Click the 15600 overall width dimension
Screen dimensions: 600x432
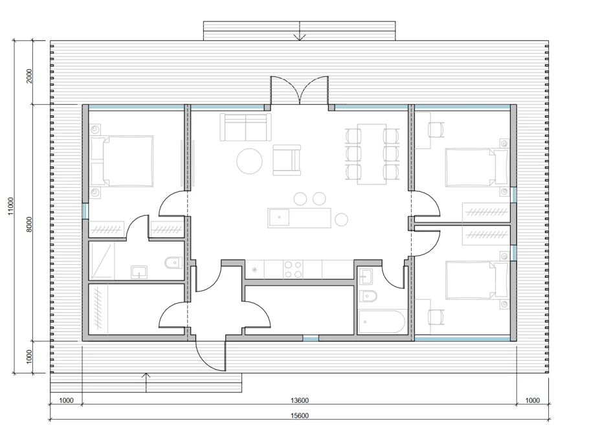coord(300,416)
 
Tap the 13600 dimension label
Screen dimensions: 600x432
coord(300,401)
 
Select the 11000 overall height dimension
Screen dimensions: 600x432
coord(11,206)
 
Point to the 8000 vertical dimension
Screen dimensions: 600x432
coord(30,224)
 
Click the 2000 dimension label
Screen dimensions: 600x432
coord(30,76)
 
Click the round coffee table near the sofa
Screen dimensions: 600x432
coord(249,161)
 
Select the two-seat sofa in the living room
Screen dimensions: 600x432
coord(245,127)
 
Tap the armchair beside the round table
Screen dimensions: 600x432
coord(287,159)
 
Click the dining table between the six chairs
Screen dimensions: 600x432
coord(372,154)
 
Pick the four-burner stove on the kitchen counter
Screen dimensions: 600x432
coord(293,269)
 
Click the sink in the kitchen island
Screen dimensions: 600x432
coord(279,218)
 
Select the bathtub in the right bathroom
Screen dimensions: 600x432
coord(382,322)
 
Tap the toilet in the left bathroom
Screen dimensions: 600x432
coord(173,263)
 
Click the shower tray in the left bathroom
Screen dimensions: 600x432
coord(102,261)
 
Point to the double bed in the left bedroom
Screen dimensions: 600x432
coord(122,161)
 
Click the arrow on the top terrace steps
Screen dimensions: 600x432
coord(300,30)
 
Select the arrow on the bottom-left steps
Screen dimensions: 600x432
coord(146,382)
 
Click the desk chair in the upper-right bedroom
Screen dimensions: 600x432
coord(436,129)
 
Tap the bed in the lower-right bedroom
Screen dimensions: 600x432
coord(477,280)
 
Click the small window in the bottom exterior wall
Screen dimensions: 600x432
coord(311,338)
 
